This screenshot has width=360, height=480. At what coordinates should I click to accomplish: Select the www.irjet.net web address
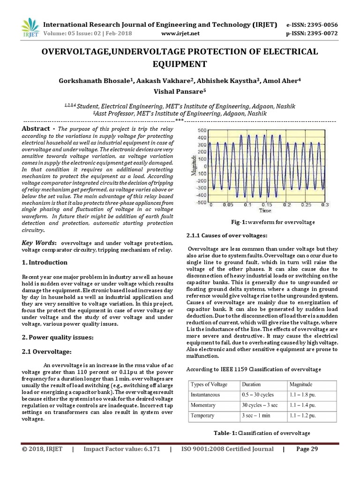180,33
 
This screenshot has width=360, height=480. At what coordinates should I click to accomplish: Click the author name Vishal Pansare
180,92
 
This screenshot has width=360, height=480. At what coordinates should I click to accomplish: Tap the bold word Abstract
37,129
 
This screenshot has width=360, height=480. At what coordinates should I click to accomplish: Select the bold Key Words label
39,243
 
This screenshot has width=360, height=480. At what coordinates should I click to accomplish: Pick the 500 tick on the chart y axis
202,130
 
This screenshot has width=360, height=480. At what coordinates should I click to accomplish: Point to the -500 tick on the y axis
201,202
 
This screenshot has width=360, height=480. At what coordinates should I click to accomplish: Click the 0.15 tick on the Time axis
266,205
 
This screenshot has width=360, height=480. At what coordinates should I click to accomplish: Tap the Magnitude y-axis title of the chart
193,166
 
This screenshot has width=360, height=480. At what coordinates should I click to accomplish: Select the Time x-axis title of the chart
266,211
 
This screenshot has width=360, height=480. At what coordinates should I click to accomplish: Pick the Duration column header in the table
252,384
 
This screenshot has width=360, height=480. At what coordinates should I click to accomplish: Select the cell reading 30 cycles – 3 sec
259,405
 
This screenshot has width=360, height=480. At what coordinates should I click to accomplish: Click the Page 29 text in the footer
307,449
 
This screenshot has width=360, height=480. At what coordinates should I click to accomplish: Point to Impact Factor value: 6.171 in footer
121,449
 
